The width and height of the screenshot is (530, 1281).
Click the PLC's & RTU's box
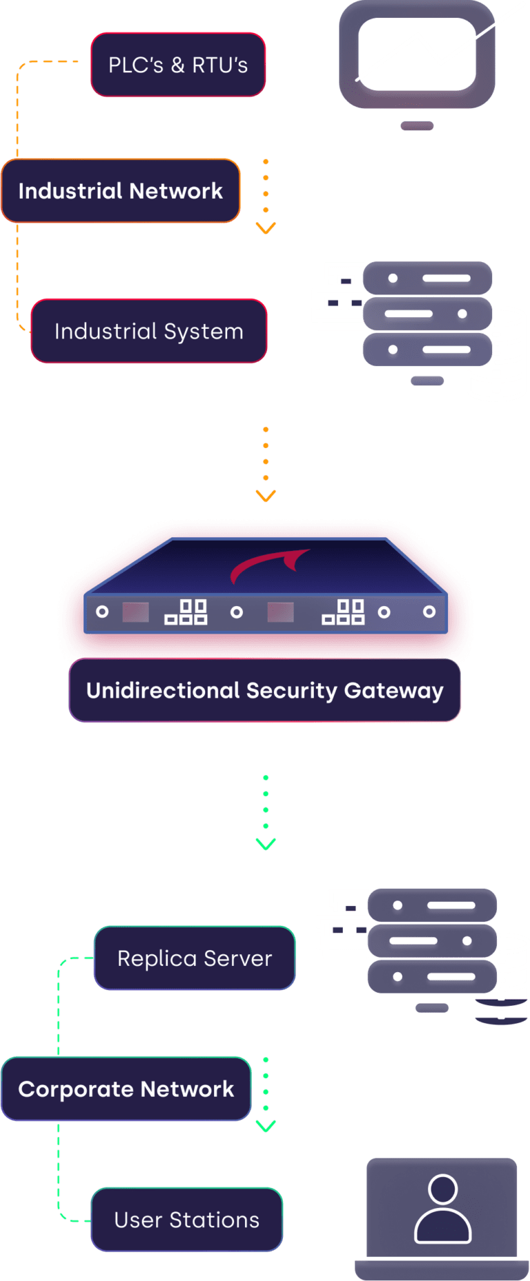click(178, 65)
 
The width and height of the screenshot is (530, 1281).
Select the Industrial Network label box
click(121, 191)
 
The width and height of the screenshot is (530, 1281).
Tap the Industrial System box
click(149, 331)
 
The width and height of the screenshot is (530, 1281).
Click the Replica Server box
click(195, 958)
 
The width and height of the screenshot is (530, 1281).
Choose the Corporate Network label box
click(126, 1089)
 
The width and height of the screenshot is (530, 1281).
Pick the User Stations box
click(187, 1220)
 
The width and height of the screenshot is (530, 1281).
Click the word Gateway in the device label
click(393, 691)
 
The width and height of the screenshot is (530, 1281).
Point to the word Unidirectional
click(163, 691)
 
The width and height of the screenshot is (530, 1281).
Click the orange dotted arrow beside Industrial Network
click(266, 196)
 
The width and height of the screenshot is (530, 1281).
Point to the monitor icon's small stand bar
click(417, 125)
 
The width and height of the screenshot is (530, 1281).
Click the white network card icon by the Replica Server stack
click(342, 924)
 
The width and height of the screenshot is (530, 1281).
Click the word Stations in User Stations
click(215, 1220)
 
